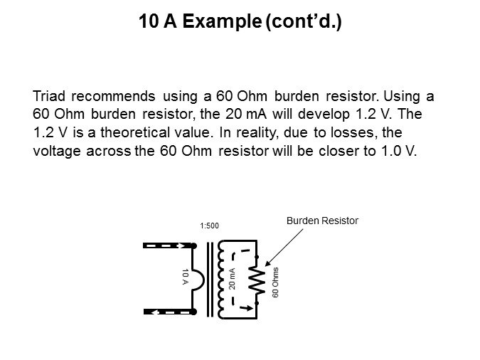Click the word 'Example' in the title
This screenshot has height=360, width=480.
tap(221, 22)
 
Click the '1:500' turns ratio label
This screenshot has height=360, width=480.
tap(209, 226)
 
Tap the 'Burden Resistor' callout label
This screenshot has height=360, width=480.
tap(322, 221)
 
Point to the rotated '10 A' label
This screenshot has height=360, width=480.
tap(184, 277)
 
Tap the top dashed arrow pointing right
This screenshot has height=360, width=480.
tap(169, 245)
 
